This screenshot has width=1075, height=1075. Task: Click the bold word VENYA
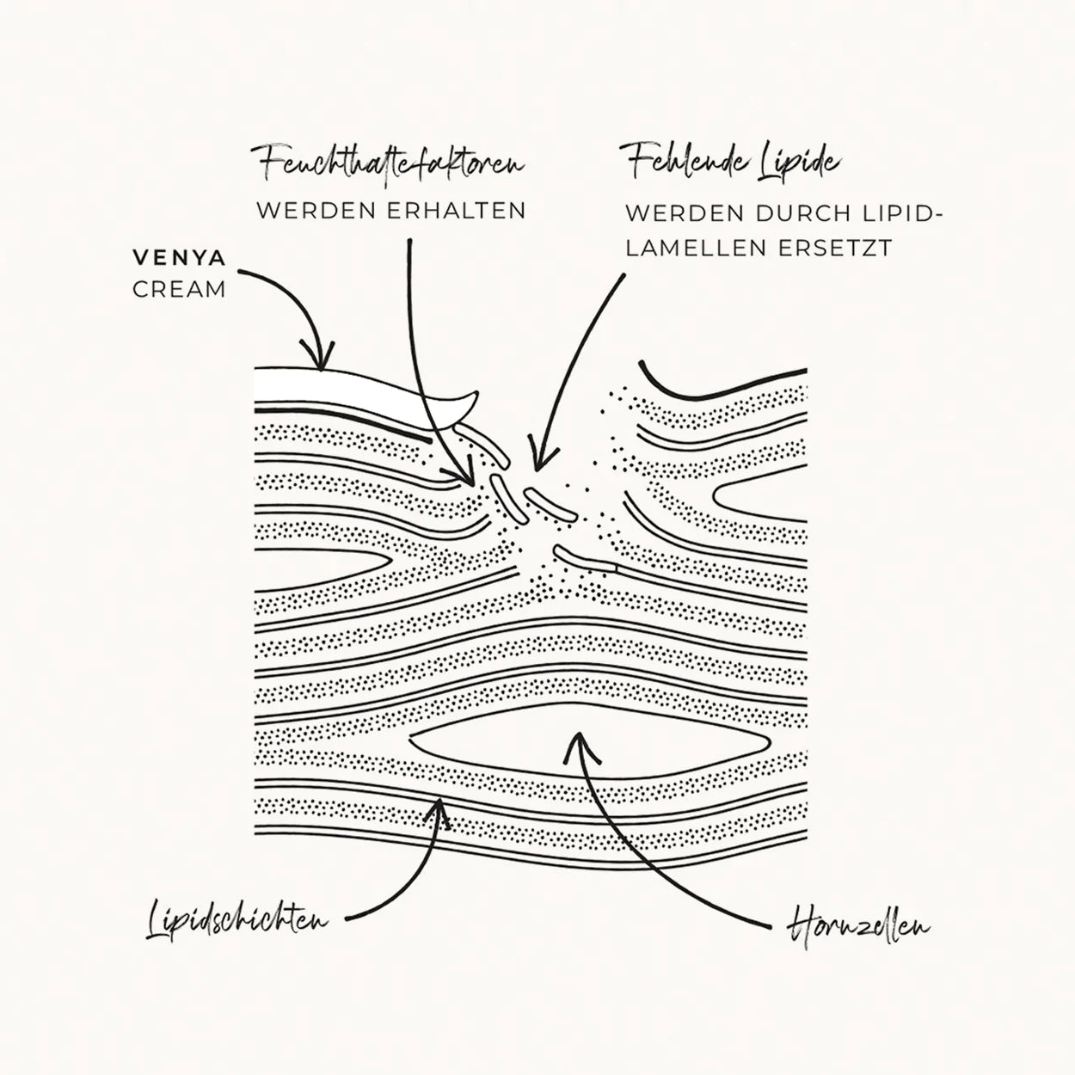point(178,257)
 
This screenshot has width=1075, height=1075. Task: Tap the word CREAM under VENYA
point(179,290)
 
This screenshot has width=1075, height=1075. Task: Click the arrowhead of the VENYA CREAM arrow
point(322,362)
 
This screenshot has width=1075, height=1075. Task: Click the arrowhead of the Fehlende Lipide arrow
point(534,464)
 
